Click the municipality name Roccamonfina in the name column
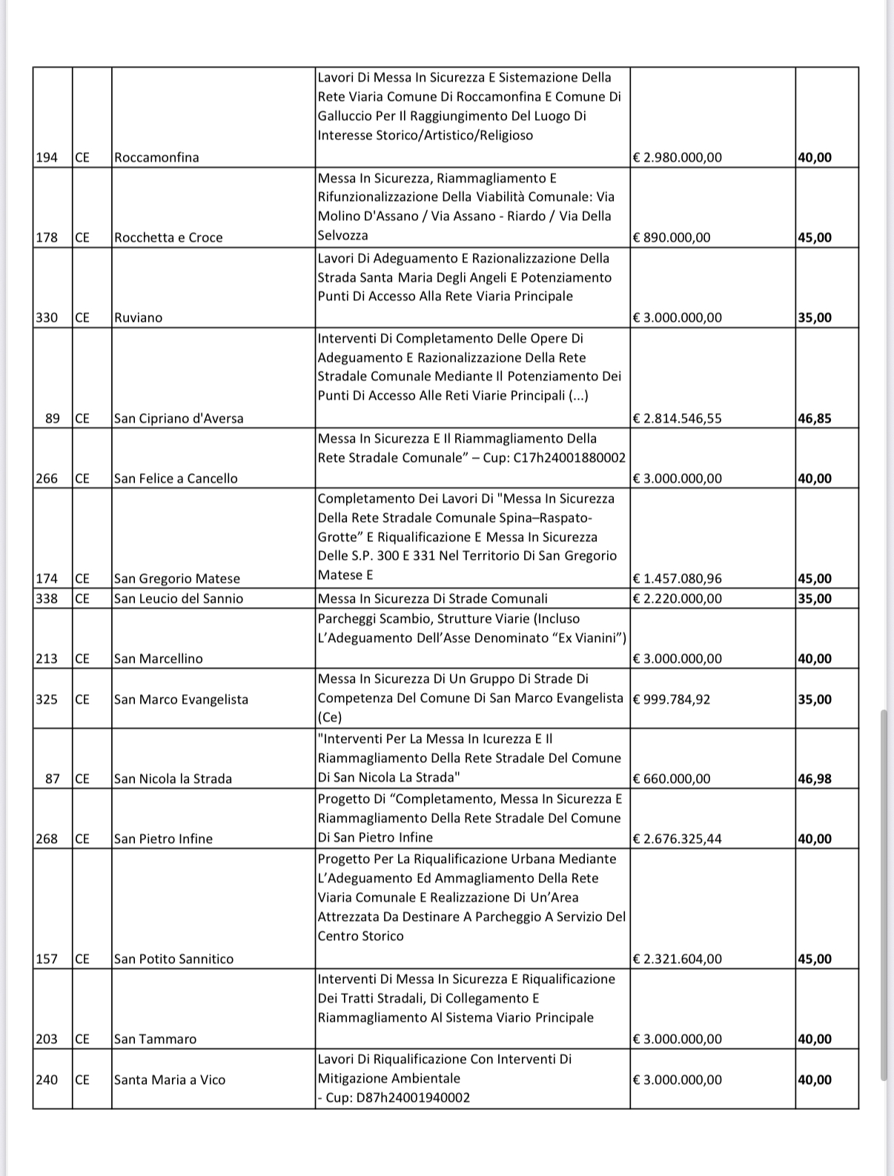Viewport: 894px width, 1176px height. click(x=156, y=157)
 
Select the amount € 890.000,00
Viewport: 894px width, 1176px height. click(x=672, y=237)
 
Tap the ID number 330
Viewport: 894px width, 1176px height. click(x=47, y=317)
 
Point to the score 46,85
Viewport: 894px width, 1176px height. click(x=815, y=418)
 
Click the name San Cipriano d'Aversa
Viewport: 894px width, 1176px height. click(x=179, y=418)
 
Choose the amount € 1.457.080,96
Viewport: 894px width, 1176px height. click(x=678, y=578)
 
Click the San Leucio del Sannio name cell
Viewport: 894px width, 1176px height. click(x=179, y=598)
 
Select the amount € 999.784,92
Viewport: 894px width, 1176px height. click(x=672, y=698)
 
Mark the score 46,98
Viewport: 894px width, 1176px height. click(x=815, y=779)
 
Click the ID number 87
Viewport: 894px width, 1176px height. click(x=53, y=779)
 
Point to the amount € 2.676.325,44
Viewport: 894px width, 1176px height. click(x=678, y=839)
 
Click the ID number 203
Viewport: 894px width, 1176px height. click(x=47, y=1039)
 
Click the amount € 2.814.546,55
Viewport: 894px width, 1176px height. click(x=678, y=418)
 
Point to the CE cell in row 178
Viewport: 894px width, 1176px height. click(x=82, y=237)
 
